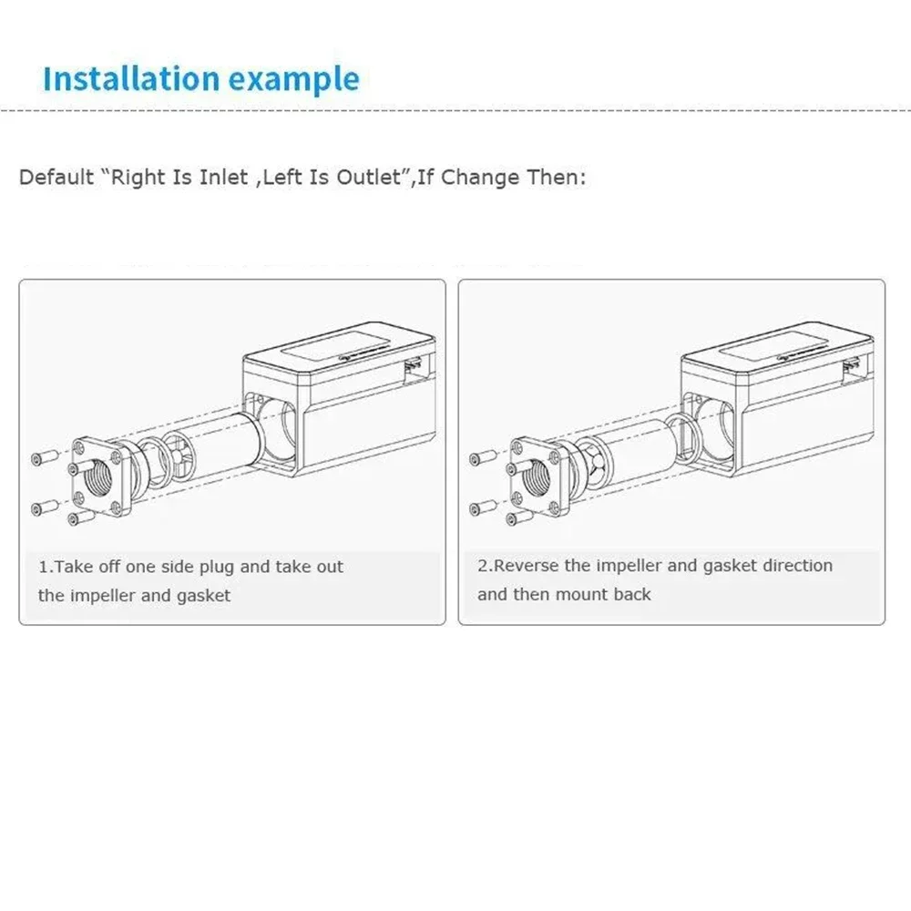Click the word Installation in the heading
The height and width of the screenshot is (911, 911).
pyautogui.click(x=131, y=78)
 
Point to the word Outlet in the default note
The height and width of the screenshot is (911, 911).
pyautogui.click(x=369, y=177)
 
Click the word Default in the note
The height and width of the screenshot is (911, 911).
pyautogui.click(x=56, y=177)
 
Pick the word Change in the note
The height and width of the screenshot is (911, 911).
pyautogui.click(x=480, y=177)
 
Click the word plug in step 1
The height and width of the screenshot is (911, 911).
pyautogui.click(x=218, y=568)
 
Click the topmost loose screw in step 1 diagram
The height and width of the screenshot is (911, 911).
pyautogui.click(x=46, y=457)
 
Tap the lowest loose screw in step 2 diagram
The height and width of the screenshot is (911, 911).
pyautogui.click(x=519, y=517)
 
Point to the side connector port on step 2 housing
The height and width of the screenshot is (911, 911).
pyautogui.click(x=851, y=367)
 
